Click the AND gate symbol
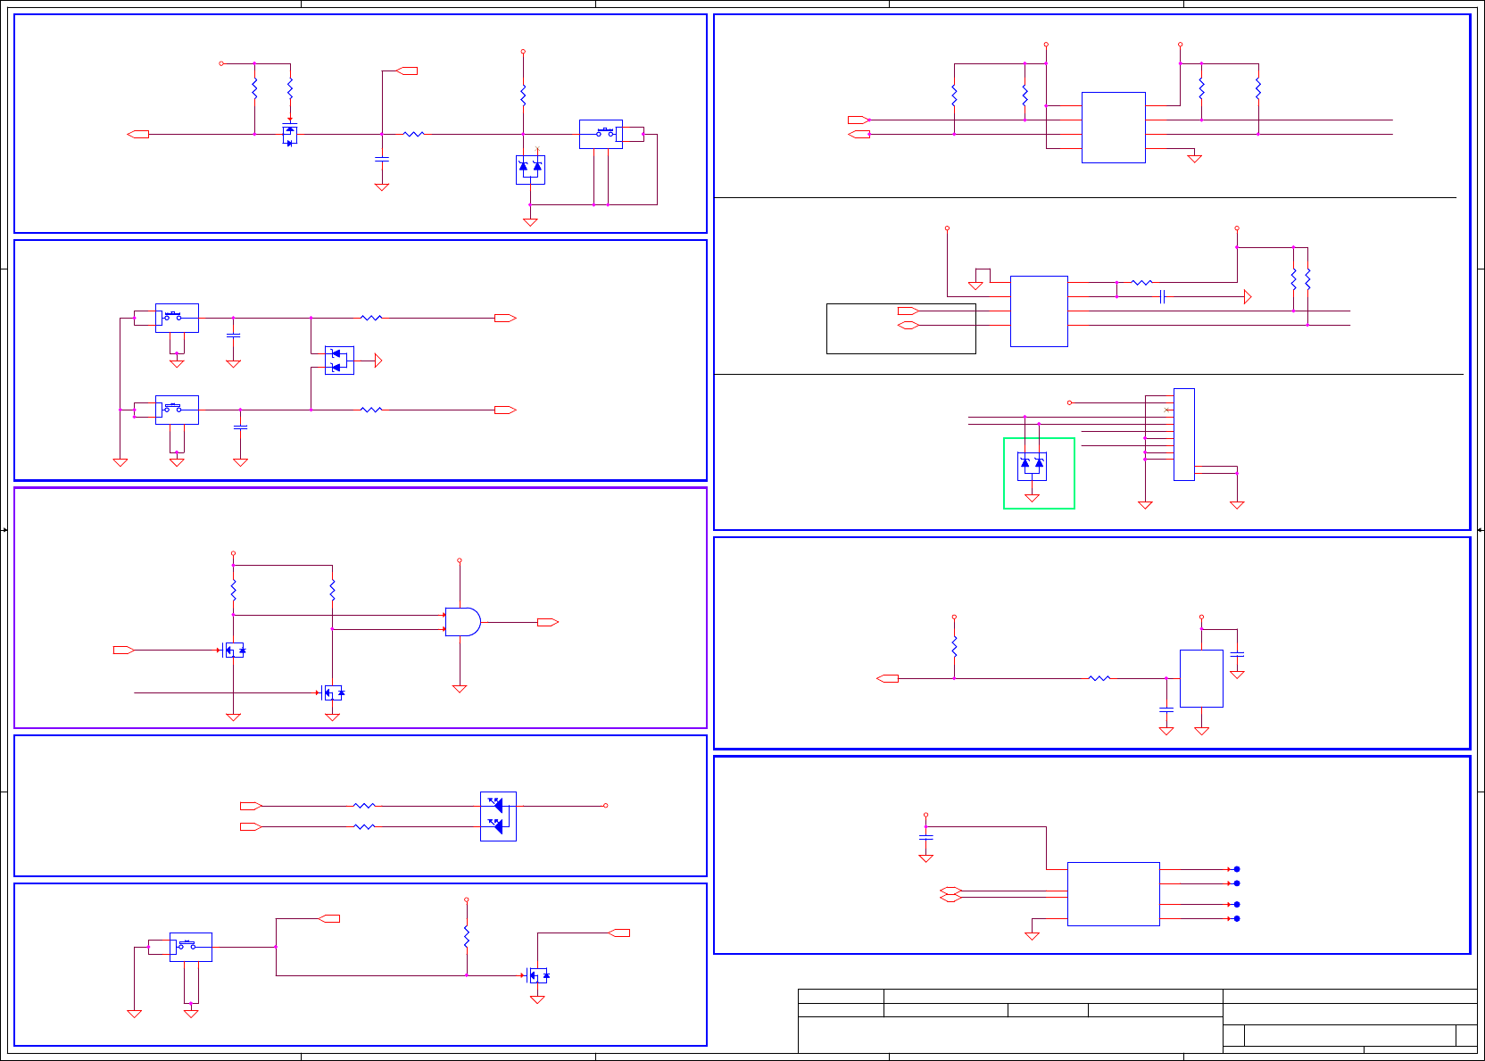(462, 622)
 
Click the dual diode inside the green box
(1032, 465)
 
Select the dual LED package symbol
(498, 816)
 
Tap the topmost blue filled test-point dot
(1236, 869)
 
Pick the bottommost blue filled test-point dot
(1236, 918)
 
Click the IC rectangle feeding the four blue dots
(1113, 893)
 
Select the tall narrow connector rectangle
(1183, 435)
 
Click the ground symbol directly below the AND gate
(460, 688)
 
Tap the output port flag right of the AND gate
(547, 622)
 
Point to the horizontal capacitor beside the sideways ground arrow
(1162, 296)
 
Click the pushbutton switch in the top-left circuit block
(601, 134)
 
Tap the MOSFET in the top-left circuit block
(289, 134)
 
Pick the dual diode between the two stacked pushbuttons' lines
(339, 361)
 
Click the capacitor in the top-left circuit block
(382, 159)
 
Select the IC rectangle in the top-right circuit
(1113, 127)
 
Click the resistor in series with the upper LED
(364, 806)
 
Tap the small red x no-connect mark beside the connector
(1166, 410)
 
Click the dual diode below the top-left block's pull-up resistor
(530, 169)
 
